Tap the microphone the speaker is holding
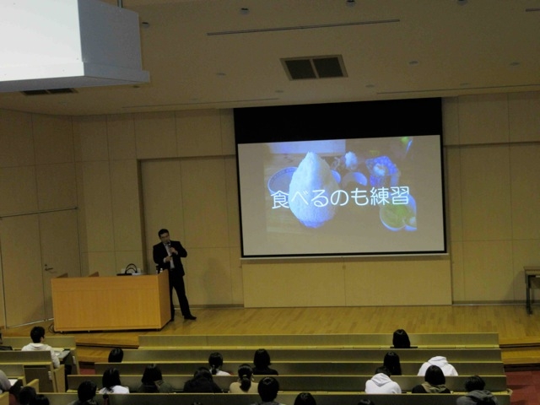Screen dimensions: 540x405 pos(169,246)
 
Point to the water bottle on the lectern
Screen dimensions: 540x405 pos(161,271)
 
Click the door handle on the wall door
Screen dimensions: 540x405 pos(48,267)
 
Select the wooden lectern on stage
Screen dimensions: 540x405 pos(111,301)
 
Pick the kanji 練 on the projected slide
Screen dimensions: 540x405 pos(379,197)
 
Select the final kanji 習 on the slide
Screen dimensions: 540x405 pos(400,196)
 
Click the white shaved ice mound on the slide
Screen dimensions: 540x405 pos(310,189)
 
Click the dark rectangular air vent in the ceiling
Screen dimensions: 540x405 pos(314,67)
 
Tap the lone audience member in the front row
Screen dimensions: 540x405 pos(402,339)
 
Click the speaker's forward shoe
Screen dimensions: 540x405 pos(190,317)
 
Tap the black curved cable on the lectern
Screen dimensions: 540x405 pos(131,268)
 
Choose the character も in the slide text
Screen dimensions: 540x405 pos(358,197)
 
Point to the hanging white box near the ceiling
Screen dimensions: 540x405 pos(74,45)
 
